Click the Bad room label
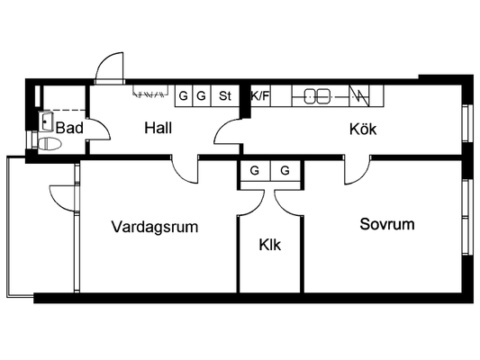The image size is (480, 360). [x=69, y=128]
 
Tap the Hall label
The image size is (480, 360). [x=158, y=128]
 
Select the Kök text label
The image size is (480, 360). [x=363, y=129]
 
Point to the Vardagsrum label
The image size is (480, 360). [x=155, y=227]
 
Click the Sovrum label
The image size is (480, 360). [x=387, y=224]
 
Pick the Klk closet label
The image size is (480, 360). [x=269, y=245]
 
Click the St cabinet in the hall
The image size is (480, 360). [x=225, y=96]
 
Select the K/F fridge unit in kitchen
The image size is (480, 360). [x=260, y=96]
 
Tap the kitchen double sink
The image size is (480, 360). [x=317, y=96]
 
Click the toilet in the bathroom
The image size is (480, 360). [x=49, y=144]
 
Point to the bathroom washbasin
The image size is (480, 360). [x=46, y=121]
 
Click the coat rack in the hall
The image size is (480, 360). [x=150, y=91]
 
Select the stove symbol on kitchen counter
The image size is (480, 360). [x=359, y=96]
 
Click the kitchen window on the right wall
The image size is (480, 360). [x=466, y=123]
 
